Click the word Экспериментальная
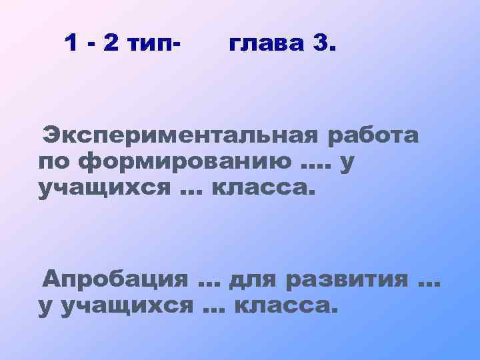click(180, 136)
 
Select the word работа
click(373, 136)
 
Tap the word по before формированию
click(55, 162)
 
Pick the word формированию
click(183, 162)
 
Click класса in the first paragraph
click(261, 187)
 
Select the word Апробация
click(115, 280)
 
